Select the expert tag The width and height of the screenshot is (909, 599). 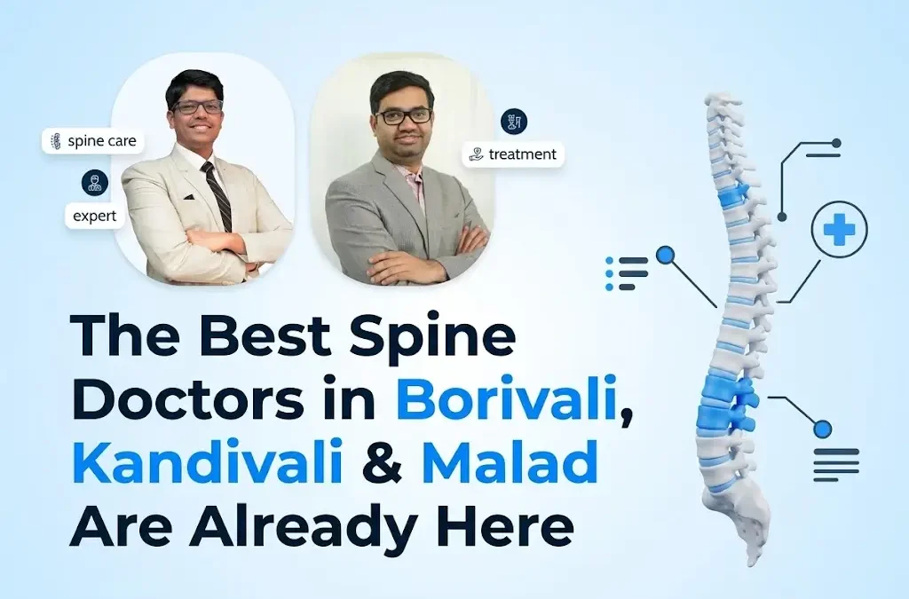click(95, 215)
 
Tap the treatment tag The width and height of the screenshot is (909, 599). click(514, 154)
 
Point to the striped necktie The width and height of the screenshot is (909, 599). click(216, 193)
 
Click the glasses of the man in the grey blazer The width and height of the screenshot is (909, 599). click(404, 116)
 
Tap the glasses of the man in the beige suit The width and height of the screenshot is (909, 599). click(198, 106)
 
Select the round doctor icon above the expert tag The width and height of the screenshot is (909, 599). click(95, 183)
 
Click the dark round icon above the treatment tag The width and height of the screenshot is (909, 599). click(513, 122)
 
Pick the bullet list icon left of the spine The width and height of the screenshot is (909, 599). click(626, 273)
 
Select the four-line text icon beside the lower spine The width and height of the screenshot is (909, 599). click(836, 464)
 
